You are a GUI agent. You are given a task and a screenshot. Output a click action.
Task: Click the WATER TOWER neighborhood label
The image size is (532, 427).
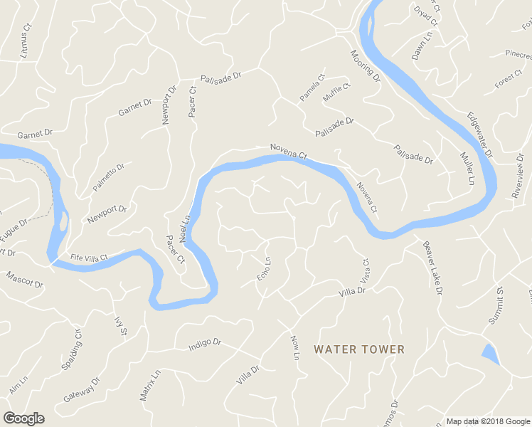click(359, 349)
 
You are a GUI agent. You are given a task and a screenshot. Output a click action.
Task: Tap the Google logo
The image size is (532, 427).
click(23, 418)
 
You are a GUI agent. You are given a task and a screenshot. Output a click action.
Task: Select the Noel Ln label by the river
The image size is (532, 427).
click(185, 227)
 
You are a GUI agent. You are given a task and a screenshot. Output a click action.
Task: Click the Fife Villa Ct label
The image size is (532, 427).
click(89, 258)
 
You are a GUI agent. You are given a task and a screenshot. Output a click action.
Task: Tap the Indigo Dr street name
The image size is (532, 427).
click(205, 344)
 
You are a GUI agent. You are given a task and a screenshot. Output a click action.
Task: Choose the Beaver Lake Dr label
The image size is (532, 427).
click(433, 268)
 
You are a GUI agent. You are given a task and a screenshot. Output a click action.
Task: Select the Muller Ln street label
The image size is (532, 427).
click(467, 169)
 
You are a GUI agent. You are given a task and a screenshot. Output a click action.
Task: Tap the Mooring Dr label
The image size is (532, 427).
click(365, 66)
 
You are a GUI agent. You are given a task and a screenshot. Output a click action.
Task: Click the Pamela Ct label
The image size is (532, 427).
click(312, 88)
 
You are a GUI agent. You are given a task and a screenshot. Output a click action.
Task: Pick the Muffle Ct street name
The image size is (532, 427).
click(336, 93)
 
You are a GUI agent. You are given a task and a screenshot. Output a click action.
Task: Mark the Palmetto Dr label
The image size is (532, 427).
click(108, 178)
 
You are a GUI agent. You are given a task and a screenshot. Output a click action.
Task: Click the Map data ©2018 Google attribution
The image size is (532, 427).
click(488, 421)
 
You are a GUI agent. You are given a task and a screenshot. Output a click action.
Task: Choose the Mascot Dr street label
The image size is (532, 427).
click(24, 279)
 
